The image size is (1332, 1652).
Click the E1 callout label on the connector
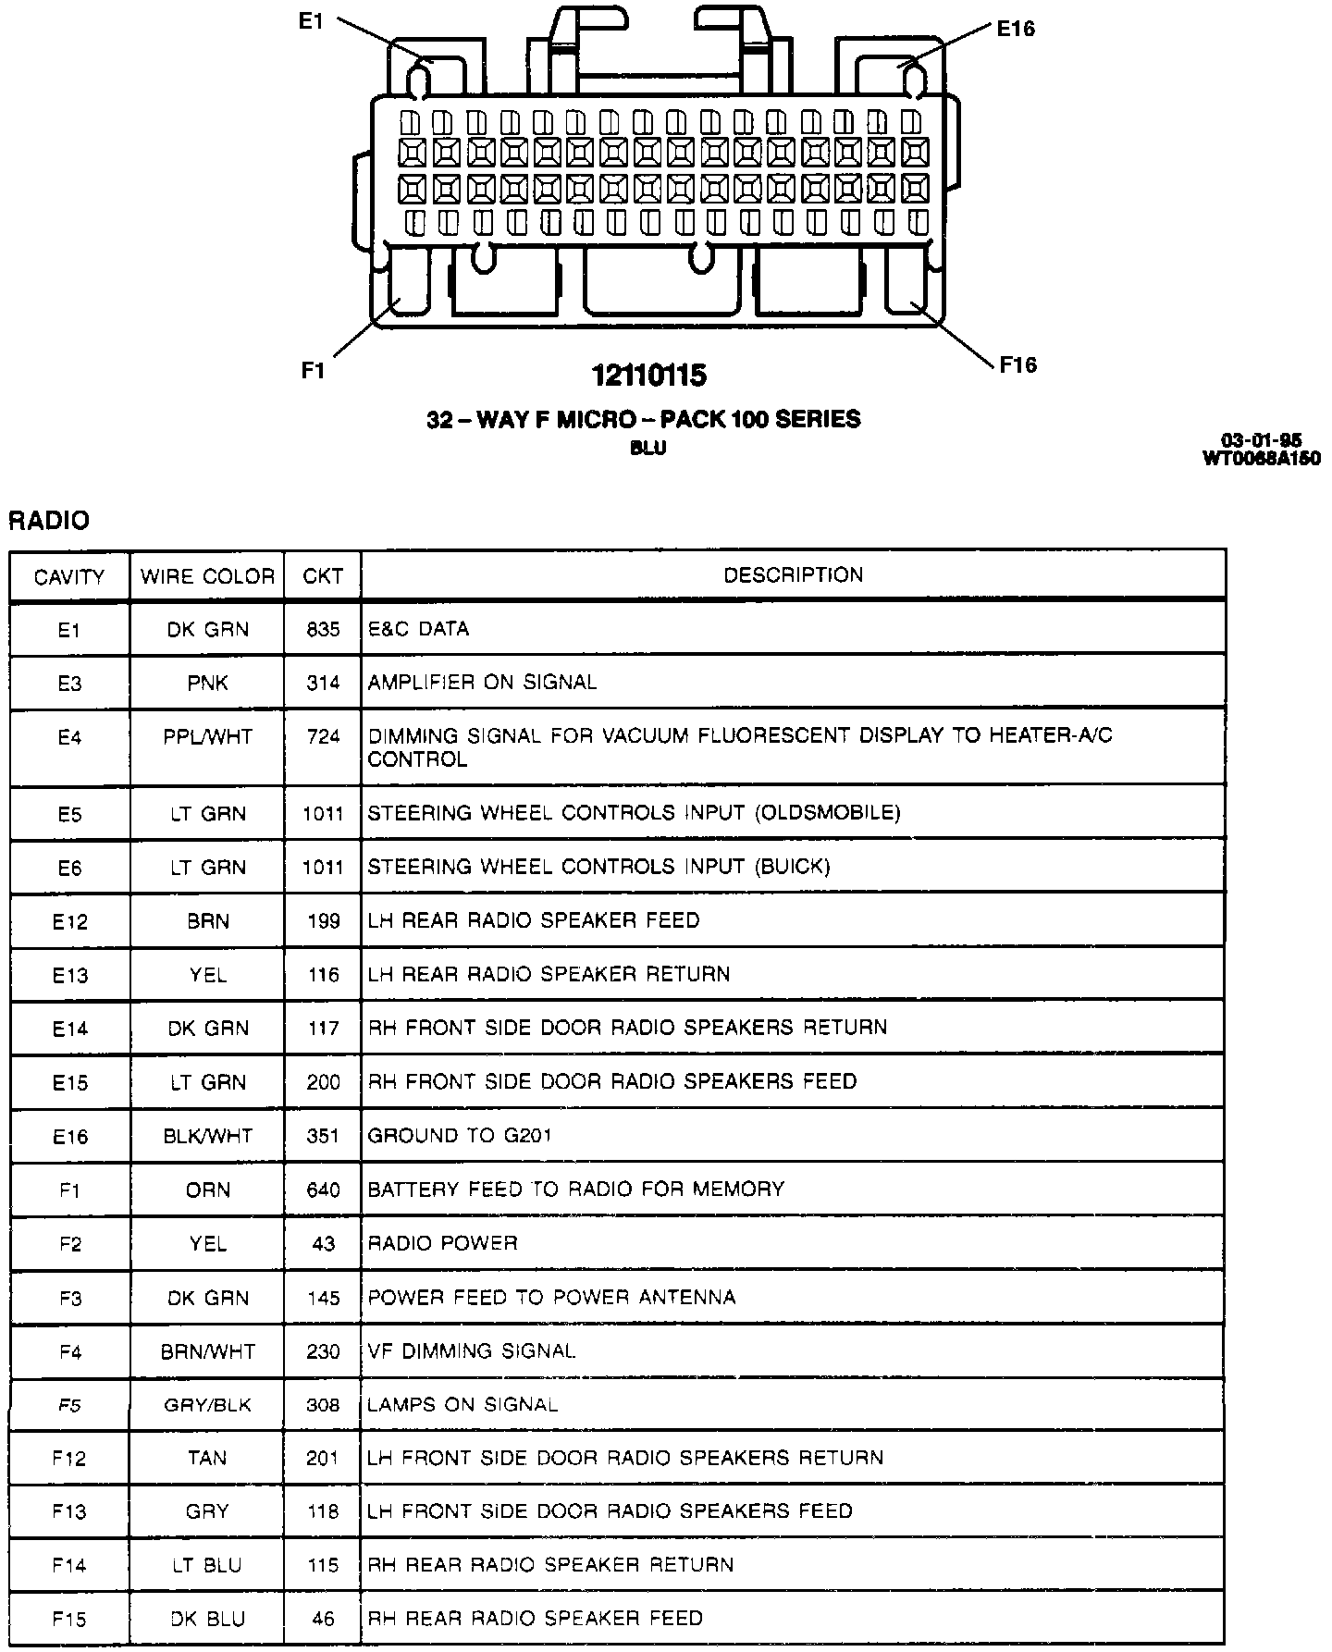click(311, 20)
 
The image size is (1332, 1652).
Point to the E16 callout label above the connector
click(1015, 29)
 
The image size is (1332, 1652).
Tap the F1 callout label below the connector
click(313, 370)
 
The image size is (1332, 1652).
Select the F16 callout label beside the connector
click(1017, 364)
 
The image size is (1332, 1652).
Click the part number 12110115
click(649, 376)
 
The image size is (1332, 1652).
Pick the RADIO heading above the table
click(49, 521)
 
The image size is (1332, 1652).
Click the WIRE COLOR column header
click(207, 577)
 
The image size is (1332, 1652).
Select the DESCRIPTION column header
click(793, 575)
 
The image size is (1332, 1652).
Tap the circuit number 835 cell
click(323, 629)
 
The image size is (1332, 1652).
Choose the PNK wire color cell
click(207, 683)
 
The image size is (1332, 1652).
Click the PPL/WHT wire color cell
click(207, 737)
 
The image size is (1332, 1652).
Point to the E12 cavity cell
click(69, 921)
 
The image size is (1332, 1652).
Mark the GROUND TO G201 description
click(460, 1135)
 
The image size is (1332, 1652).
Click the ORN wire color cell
click(207, 1190)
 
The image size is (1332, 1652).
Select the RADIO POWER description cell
click(442, 1243)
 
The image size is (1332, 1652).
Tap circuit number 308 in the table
click(323, 1405)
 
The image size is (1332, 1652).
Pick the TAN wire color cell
click(207, 1459)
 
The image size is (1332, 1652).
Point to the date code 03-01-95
click(1261, 441)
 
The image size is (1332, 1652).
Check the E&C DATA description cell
click(418, 629)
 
